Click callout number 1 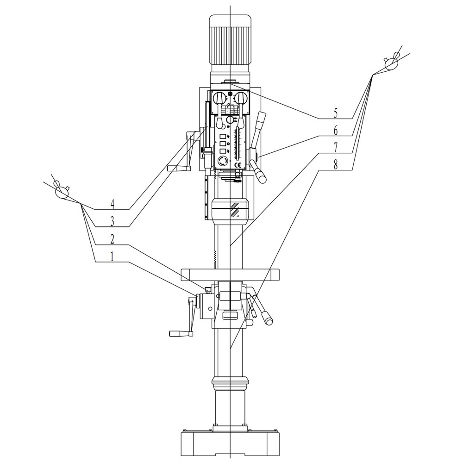point(112,257)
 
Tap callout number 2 point(112,239)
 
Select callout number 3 point(112,222)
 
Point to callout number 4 point(112,204)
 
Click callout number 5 point(335,113)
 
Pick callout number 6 point(335,130)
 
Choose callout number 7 point(335,148)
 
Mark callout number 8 point(335,165)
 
